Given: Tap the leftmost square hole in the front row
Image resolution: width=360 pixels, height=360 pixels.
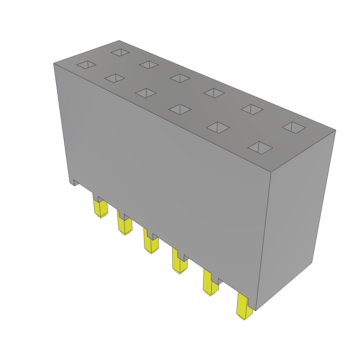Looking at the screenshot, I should [x=86, y=65].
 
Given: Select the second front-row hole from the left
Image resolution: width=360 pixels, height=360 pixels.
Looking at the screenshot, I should [x=115, y=78].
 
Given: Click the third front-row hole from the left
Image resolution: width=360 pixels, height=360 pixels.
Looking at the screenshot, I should [x=146, y=93].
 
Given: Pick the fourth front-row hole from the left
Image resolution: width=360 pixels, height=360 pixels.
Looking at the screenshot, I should [x=180, y=109].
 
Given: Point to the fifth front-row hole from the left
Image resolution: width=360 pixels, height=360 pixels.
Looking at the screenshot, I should [x=218, y=127].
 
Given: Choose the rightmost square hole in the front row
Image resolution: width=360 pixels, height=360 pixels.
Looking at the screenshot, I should [x=260, y=148].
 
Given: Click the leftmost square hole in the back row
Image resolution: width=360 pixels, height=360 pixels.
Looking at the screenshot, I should [x=120, y=52].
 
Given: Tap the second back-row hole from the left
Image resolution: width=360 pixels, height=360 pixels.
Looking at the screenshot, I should [x=149, y=65].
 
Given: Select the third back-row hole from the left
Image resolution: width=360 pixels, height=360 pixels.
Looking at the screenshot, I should [x=180, y=78].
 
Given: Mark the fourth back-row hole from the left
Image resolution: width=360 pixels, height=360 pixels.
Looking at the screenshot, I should [x=214, y=93].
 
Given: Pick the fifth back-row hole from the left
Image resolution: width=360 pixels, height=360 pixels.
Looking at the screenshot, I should [x=252, y=109].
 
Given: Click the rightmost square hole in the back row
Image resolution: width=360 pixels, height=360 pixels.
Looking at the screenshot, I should [x=294, y=127].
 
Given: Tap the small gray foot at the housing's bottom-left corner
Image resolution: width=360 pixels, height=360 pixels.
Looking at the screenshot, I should [x=76, y=182].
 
